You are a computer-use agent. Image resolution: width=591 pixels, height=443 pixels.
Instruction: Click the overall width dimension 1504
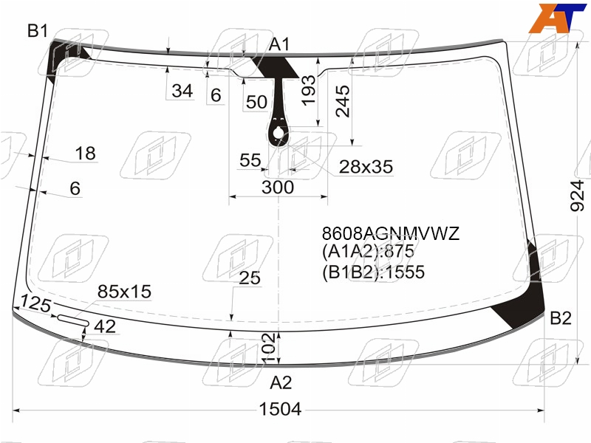click(x=281, y=409)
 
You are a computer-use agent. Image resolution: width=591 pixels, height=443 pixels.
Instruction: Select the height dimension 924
click(x=577, y=196)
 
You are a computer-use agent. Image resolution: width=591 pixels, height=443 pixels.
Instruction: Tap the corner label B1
click(x=38, y=30)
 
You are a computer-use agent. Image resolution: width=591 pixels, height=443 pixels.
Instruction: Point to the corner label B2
click(x=561, y=318)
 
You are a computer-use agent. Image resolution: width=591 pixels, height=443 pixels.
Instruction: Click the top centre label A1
click(x=279, y=44)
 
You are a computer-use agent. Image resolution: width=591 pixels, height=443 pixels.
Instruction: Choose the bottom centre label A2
click(x=281, y=382)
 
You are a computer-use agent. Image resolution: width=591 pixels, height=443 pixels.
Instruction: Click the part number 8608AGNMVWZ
click(x=391, y=233)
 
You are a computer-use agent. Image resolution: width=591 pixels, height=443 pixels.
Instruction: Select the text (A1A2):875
click(x=368, y=251)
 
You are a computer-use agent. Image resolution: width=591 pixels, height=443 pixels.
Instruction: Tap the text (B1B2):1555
click(x=373, y=272)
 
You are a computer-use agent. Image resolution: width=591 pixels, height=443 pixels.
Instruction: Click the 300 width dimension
click(x=278, y=188)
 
